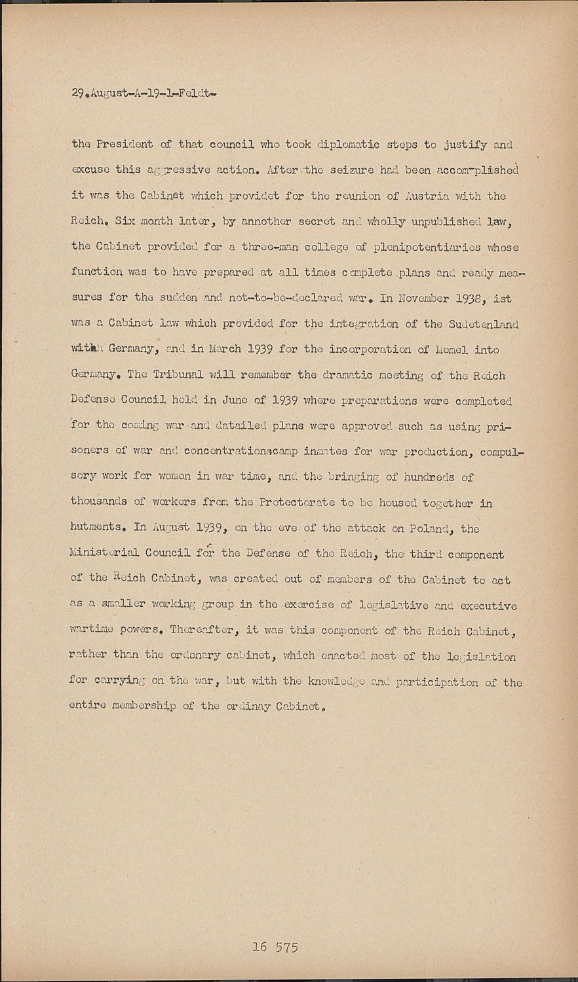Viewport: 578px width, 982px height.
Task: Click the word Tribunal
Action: (171, 375)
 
